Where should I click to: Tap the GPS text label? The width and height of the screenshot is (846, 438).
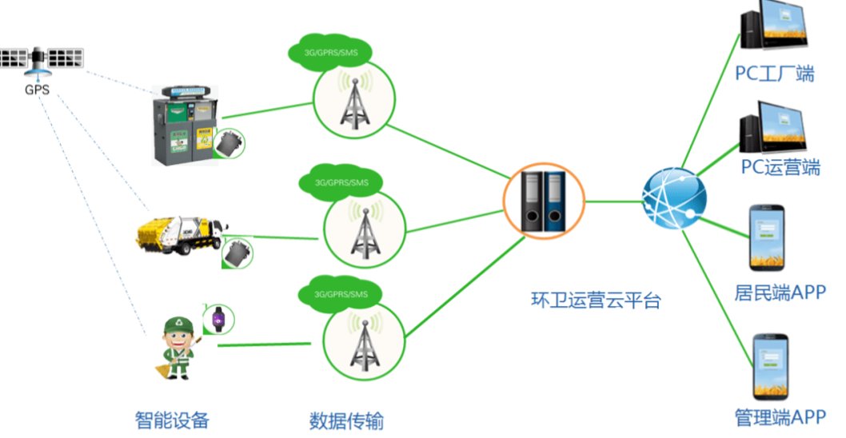click(x=37, y=90)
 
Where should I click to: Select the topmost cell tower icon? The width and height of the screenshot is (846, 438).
click(x=353, y=100)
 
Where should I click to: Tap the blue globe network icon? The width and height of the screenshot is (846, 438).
click(x=674, y=200)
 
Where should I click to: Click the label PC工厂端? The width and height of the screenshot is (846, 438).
click(x=775, y=74)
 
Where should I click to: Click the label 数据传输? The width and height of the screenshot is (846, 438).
click(x=352, y=420)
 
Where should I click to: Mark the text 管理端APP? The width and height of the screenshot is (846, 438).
click(x=779, y=416)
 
